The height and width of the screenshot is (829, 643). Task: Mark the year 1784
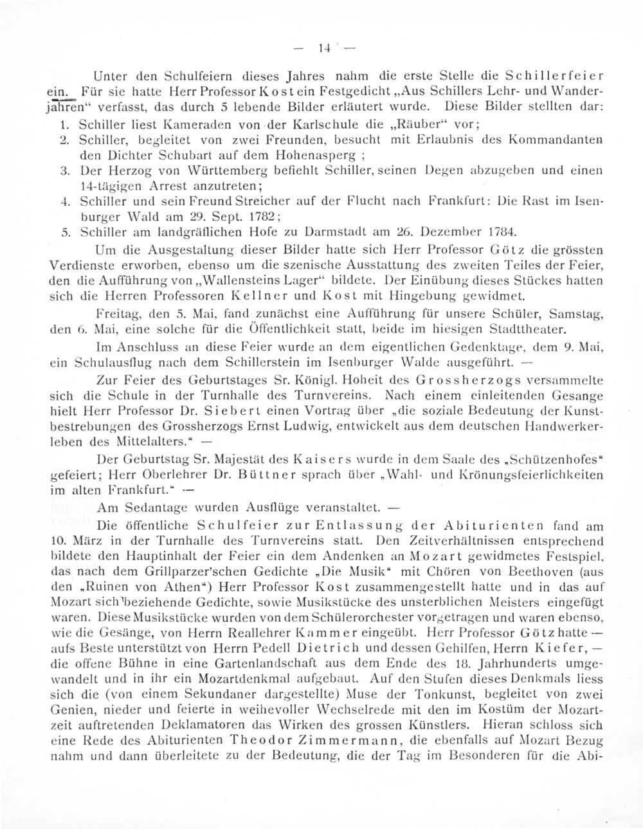click(x=502, y=231)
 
